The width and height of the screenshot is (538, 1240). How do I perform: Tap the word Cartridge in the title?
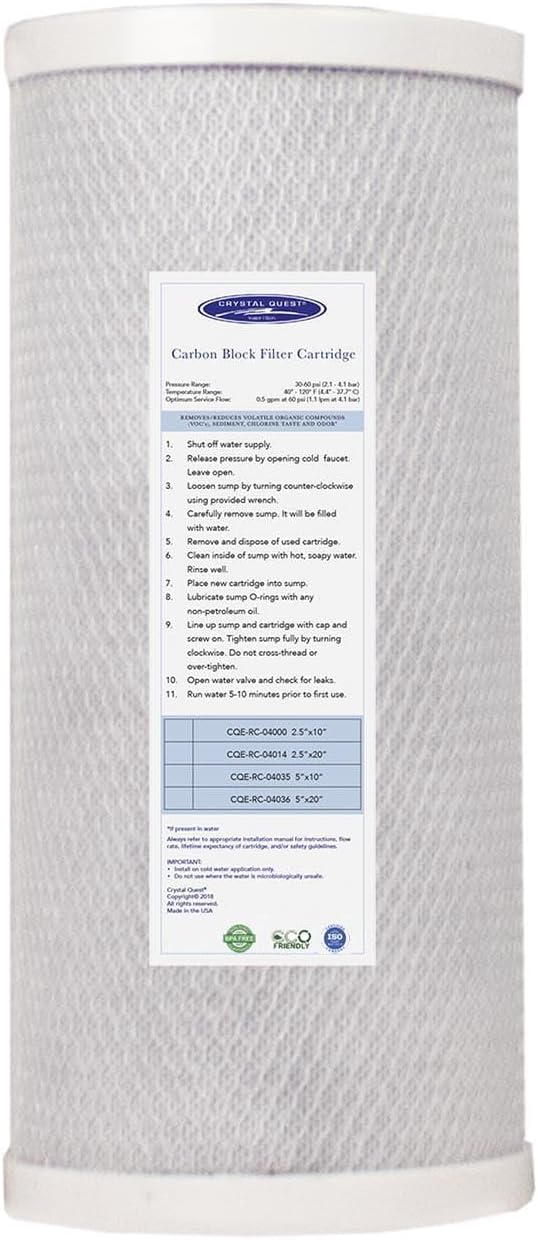(323, 352)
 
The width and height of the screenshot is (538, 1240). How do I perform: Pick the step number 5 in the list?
(172, 536)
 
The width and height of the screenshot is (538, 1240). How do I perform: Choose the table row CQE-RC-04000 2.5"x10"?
(280, 729)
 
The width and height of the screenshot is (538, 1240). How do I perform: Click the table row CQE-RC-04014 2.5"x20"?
(280, 752)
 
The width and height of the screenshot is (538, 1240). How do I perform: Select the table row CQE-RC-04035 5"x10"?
(280, 775)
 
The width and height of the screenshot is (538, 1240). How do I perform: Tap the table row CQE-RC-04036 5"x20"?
(280, 798)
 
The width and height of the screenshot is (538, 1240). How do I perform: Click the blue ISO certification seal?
(337, 938)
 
